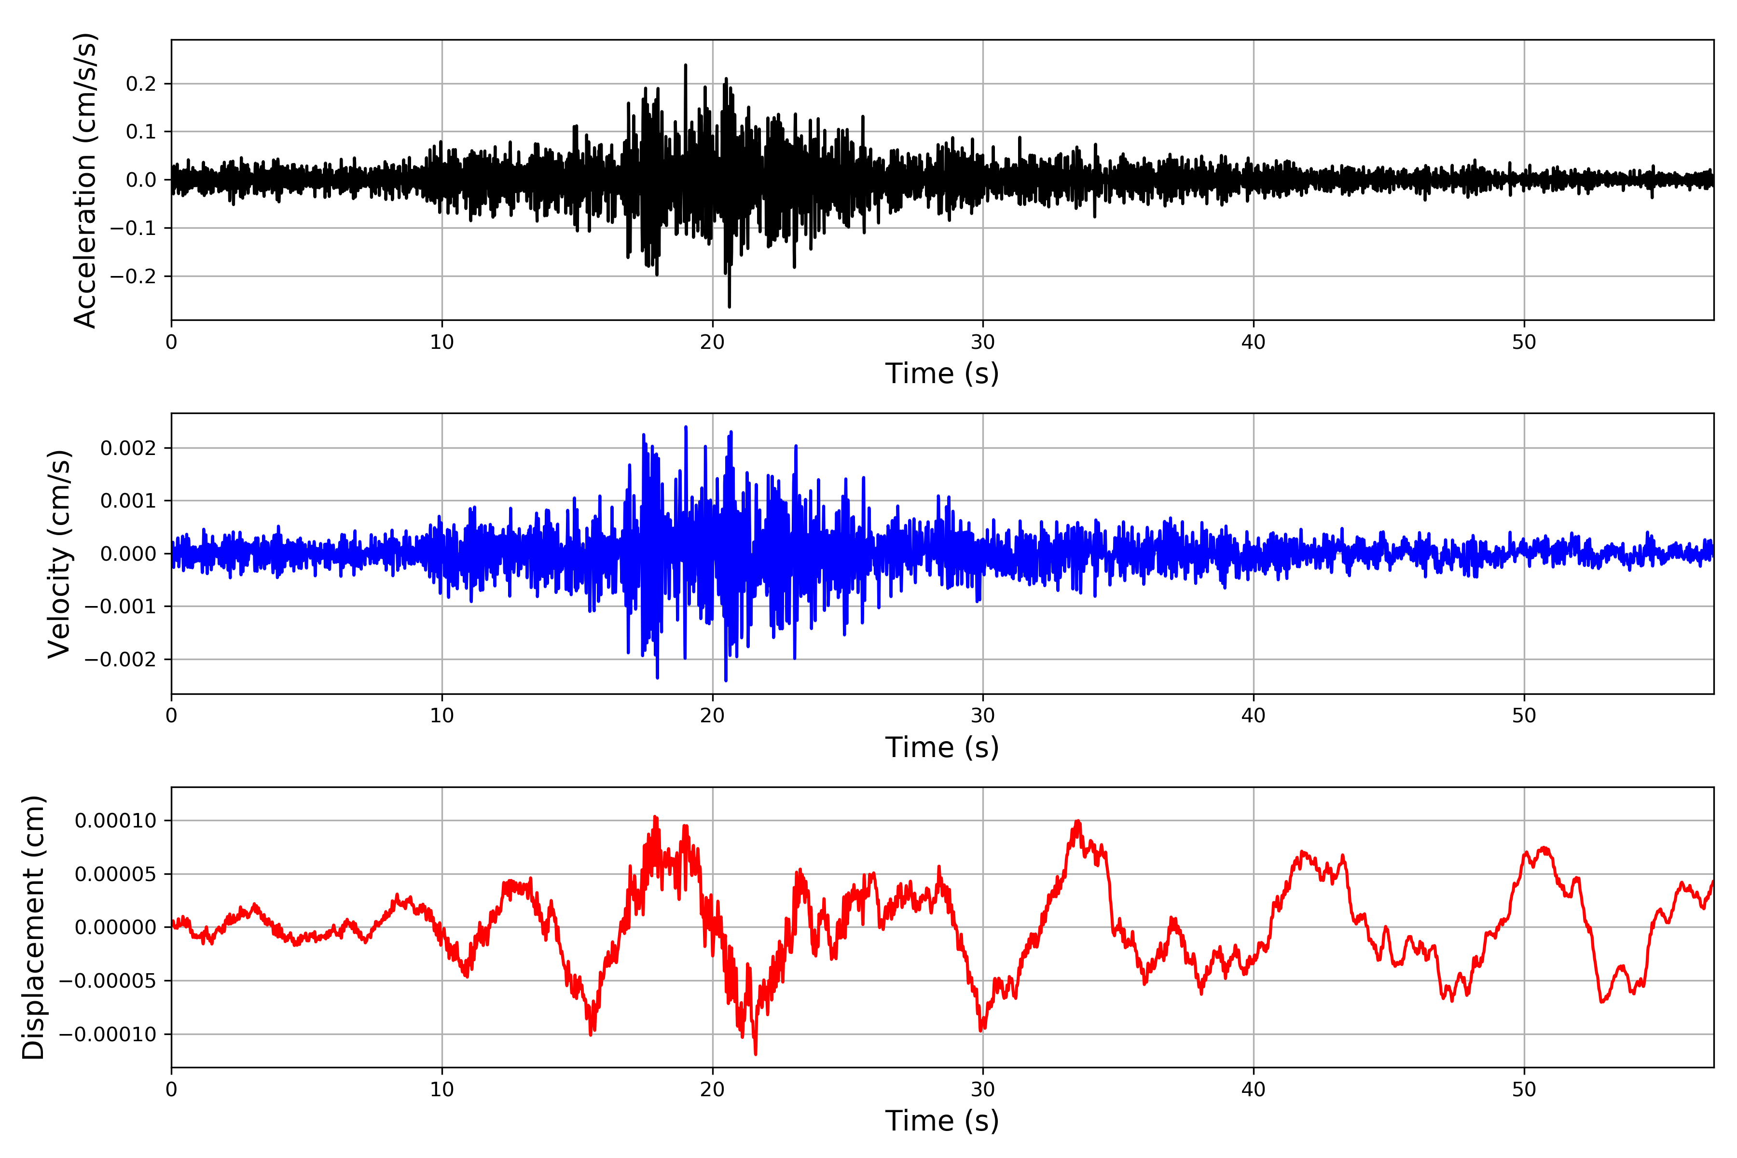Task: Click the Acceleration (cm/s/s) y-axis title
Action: point(86,180)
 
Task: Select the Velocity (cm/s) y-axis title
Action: point(59,554)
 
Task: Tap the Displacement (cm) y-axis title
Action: point(34,927)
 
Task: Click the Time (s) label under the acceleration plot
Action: point(942,373)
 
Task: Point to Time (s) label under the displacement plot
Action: point(942,1121)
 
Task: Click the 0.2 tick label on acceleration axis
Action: point(141,84)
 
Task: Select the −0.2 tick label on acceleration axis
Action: point(134,276)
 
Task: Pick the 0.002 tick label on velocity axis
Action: point(128,448)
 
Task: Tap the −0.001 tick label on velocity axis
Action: point(121,607)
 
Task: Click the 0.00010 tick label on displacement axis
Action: point(116,821)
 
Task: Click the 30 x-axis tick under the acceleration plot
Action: point(982,343)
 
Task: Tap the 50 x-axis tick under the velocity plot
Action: point(1524,716)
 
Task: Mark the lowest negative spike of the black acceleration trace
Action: point(729,306)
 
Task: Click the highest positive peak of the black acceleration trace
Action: point(685,66)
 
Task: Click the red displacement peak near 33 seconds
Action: point(1077,821)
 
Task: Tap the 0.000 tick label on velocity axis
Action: point(128,554)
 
